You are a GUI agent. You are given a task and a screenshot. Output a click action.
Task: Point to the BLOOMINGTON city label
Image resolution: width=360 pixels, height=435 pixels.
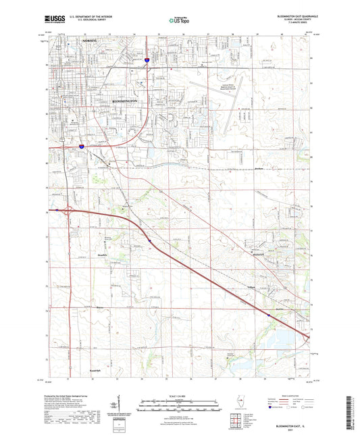[x=124, y=100]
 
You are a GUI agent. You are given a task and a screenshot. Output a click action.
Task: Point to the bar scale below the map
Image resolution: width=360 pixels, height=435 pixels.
[x=180, y=404]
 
